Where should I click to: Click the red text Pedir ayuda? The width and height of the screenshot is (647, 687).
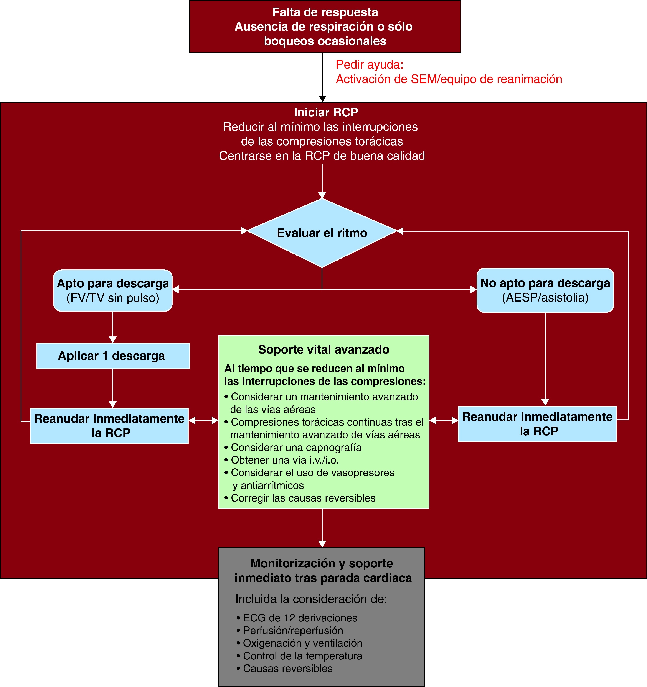coord(369,65)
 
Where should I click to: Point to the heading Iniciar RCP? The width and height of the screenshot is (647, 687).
coord(326,112)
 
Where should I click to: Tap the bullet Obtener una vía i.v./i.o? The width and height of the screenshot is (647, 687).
coord(285,460)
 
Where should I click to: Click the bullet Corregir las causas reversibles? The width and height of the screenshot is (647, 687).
coord(303,498)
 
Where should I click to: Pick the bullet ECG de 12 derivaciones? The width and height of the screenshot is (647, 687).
coord(300,618)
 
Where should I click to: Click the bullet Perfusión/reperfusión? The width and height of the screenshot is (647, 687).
coord(293,630)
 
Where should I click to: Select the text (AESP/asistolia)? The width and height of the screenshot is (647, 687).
coord(545,298)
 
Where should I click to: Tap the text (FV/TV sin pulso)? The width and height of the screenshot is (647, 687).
coord(113,298)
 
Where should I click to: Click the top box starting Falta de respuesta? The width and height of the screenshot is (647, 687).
coord(325,27)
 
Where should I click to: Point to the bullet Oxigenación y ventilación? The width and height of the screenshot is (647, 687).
coord(303,643)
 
